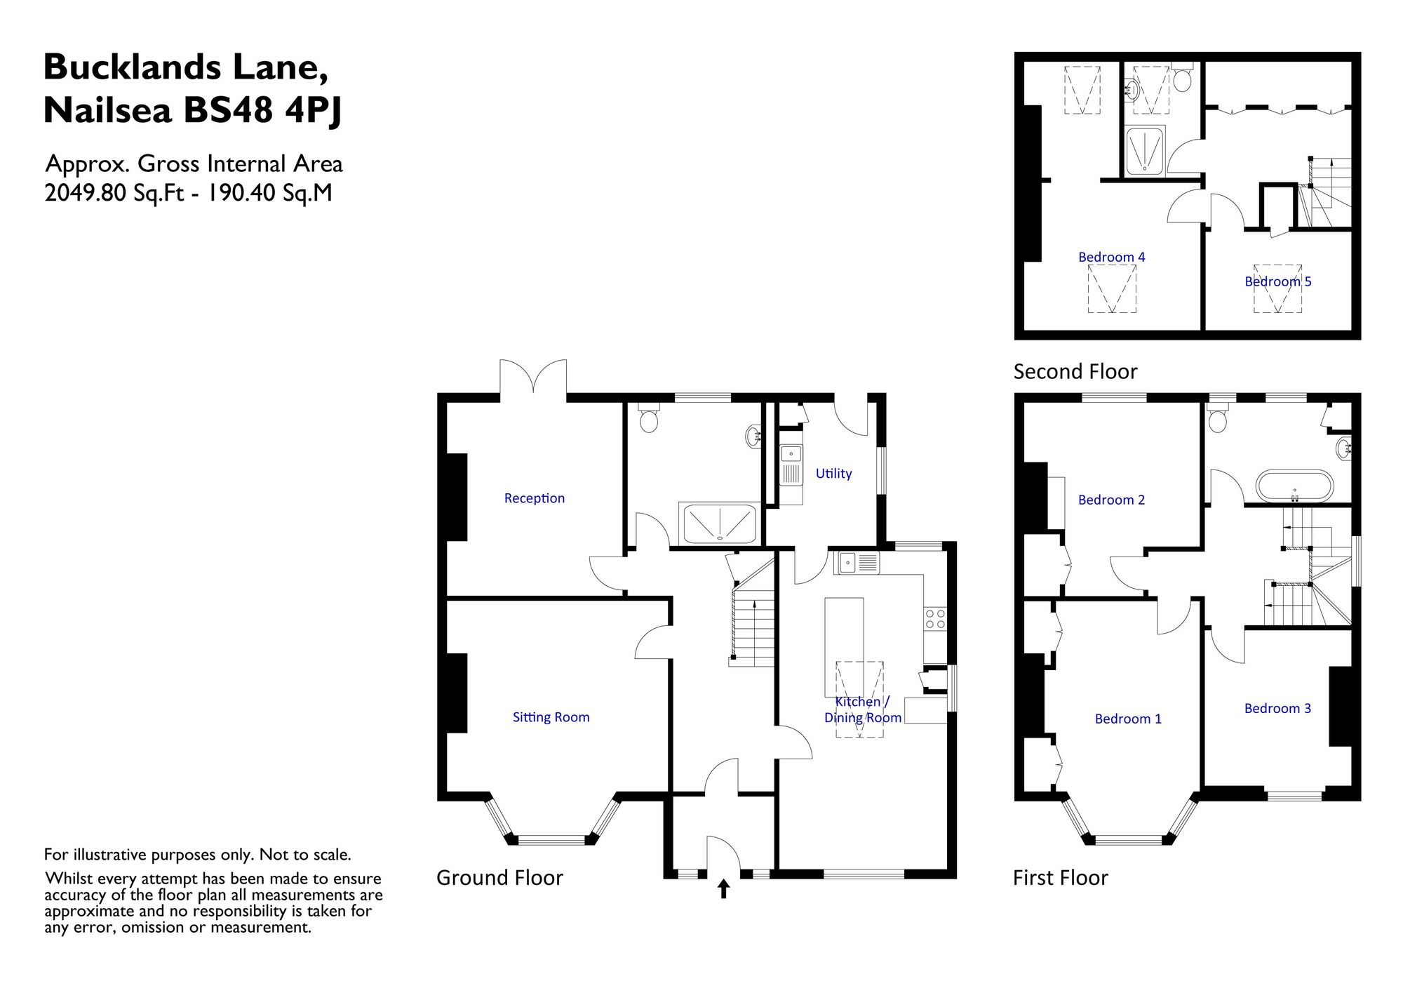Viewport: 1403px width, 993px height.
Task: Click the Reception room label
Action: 534,498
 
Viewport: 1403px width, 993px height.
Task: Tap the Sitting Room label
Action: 551,717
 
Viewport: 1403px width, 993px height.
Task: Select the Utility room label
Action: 833,474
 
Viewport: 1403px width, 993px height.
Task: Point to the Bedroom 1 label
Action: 1128,719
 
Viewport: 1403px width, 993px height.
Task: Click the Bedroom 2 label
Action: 1111,500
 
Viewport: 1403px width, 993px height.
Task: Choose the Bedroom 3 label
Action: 1277,708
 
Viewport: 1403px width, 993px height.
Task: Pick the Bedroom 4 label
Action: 1111,257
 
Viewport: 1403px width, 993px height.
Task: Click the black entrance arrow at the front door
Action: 723,889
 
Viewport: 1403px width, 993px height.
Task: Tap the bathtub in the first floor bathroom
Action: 1294,486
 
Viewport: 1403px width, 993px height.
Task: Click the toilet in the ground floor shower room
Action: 649,418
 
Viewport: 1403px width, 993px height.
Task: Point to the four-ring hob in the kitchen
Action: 935,618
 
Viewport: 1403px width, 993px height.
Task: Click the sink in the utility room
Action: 791,465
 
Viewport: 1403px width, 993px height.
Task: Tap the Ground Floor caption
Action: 499,878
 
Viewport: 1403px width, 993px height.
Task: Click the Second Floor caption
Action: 1075,371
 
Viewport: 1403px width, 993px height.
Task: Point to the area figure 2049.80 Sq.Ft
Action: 114,193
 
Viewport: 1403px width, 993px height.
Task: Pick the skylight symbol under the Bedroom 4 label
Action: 1112,288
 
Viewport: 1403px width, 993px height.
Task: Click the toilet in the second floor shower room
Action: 1182,78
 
